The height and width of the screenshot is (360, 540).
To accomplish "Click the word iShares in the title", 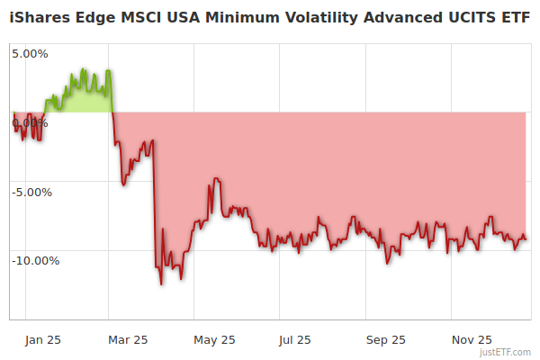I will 40,19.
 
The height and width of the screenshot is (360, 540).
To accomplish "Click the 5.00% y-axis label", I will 30,53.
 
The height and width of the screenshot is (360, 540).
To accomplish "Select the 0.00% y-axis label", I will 30,122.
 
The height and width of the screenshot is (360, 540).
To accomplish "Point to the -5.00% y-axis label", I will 31,192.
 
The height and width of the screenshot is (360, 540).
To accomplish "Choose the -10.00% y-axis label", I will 34,261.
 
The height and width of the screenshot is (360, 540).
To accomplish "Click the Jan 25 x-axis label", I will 43,339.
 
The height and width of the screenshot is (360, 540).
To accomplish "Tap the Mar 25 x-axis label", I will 128,339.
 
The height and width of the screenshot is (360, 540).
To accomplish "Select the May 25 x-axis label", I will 214,339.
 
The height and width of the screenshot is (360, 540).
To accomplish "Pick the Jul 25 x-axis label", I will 295,339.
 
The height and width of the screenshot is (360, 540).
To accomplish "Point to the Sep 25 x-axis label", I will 384,339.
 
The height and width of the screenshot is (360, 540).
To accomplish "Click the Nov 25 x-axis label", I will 471,339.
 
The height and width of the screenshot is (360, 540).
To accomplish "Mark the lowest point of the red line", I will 161,284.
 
